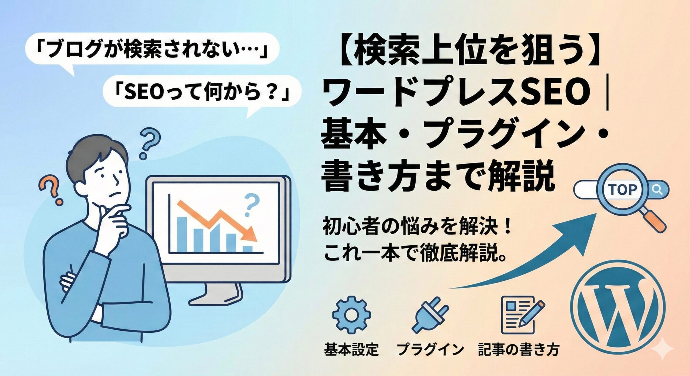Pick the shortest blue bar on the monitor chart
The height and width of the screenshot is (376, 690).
click(248, 249)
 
